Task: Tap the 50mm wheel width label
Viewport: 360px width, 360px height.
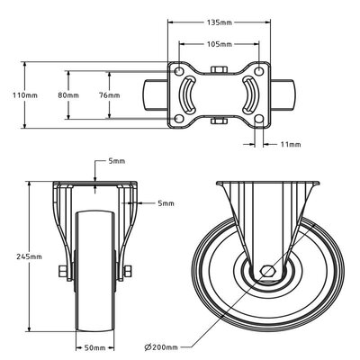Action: (94, 346)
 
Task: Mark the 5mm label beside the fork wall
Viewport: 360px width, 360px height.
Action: (165, 203)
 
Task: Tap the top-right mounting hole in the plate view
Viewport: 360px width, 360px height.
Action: (261, 70)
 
